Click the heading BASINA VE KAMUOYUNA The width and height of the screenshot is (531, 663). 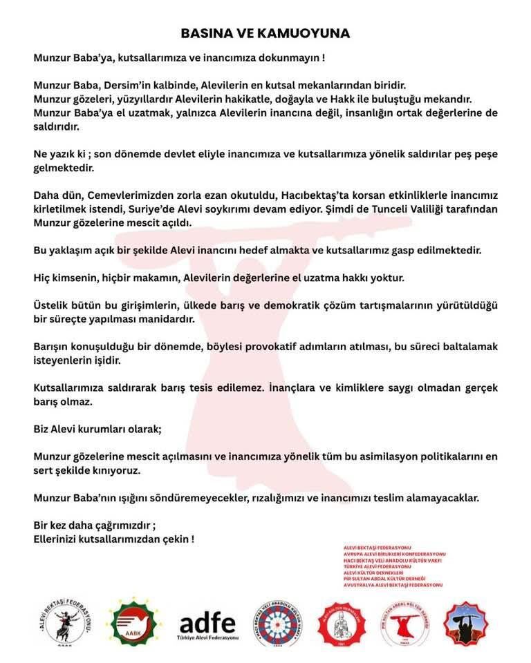click(x=265, y=33)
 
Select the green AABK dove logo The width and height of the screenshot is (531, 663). click(x=136, y=622)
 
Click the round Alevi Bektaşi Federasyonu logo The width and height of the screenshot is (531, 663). click(x=64, y=623)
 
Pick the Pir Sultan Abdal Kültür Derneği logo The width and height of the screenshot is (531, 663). click(x=405, y=623)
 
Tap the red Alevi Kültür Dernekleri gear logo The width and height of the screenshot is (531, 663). click(x=341, y=623)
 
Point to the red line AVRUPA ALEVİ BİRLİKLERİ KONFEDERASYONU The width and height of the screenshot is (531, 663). click(x=394, y=554)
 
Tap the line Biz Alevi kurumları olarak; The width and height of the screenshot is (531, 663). click(x=97, y=428)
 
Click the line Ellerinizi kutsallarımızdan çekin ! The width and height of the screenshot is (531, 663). click(x=113, y=539)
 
